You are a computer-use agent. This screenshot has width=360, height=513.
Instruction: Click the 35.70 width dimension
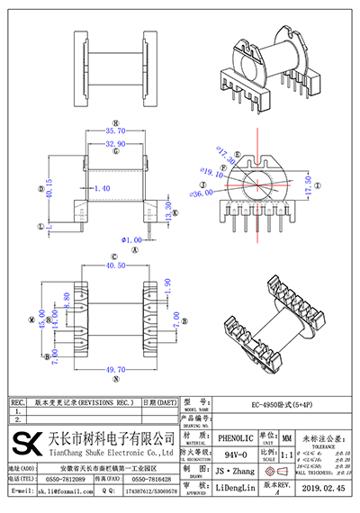pyautogui.click(x=117, y=130)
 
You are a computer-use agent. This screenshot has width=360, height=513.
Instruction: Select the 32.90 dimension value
pyautogui.click(x=117, y=143)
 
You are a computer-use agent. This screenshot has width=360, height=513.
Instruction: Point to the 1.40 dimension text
pyautogui.click(x=101, y=188)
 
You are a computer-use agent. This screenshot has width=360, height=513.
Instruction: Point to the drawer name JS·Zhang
pyautogui.click(x=235, y=471)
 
